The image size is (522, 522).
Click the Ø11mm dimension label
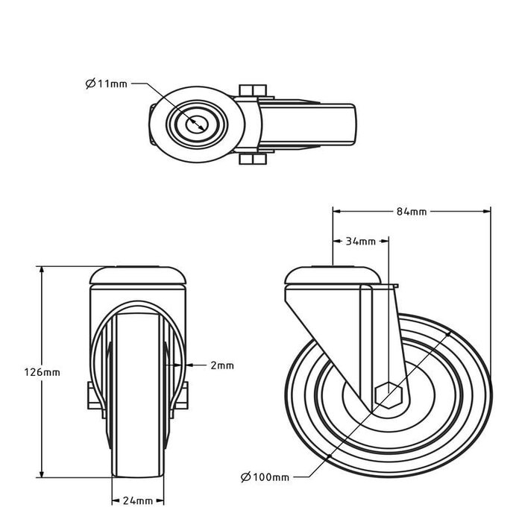[x=107, y=84]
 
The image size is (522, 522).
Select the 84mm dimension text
[x=412, y=212]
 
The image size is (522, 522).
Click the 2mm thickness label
[x=221, y=365]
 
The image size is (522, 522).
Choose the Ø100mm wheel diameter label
[x=265, y=477]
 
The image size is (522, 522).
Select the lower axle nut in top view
[x=253, y=158]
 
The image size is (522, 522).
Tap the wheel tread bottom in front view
[x=138, y=474]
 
